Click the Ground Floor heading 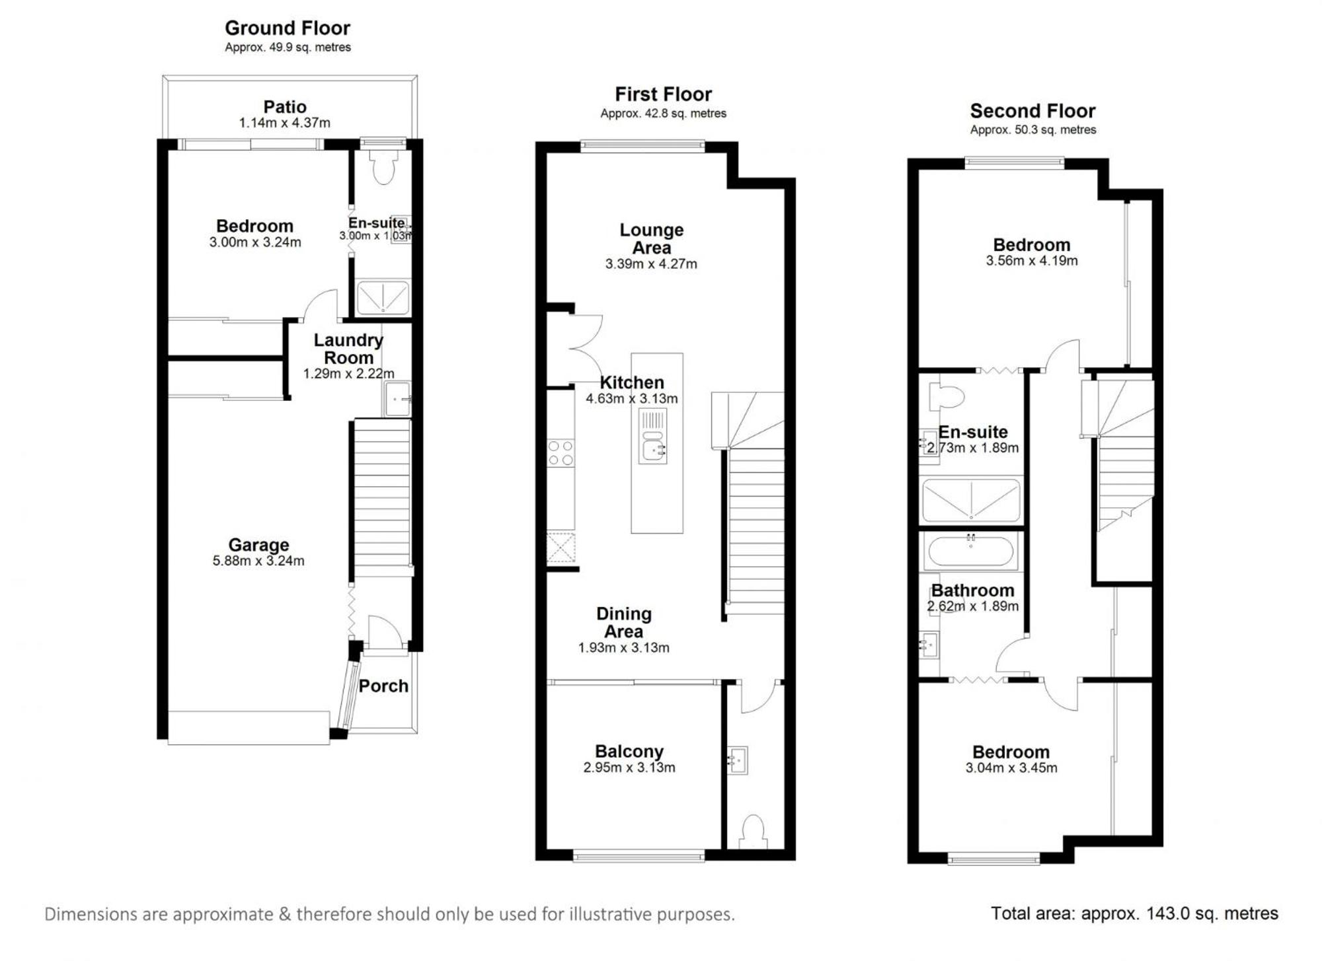click(x=288, y=28)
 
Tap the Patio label click(x=285, y=106)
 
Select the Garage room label click(x=258, y=545)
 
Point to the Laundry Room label click(x=348, y=349)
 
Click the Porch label click(x=383, y=686)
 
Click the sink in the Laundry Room click(x=397, y=399)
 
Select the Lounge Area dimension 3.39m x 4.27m click(x=651, y=264)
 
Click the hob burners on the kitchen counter click(x=561, y=452)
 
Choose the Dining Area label click(x=624, y=623)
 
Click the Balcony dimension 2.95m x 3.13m click(x=629, y=767)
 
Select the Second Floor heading click(x=1032, y=111)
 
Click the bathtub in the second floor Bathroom click(x=970, y=552)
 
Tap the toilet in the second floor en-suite click(x=946, y=397)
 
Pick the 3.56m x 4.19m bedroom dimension click(x=1032, y=261)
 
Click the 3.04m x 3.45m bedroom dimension click(x=1011, y=768)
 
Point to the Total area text click(x=1134, y=913)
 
